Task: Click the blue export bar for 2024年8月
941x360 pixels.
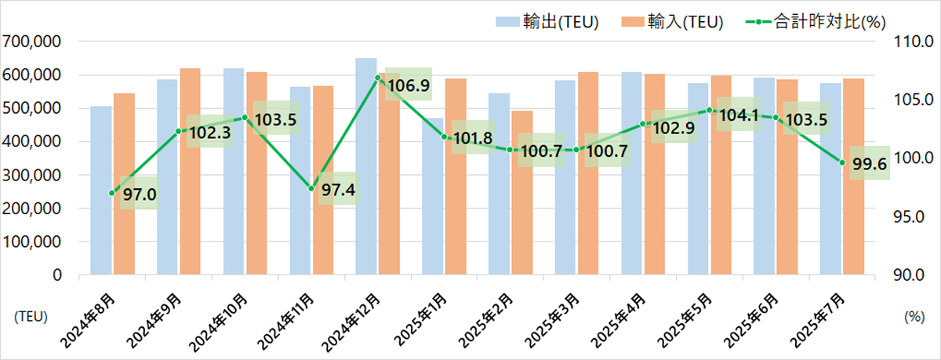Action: tap(101, 192)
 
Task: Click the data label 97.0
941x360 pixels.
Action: tap(138, 193)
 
